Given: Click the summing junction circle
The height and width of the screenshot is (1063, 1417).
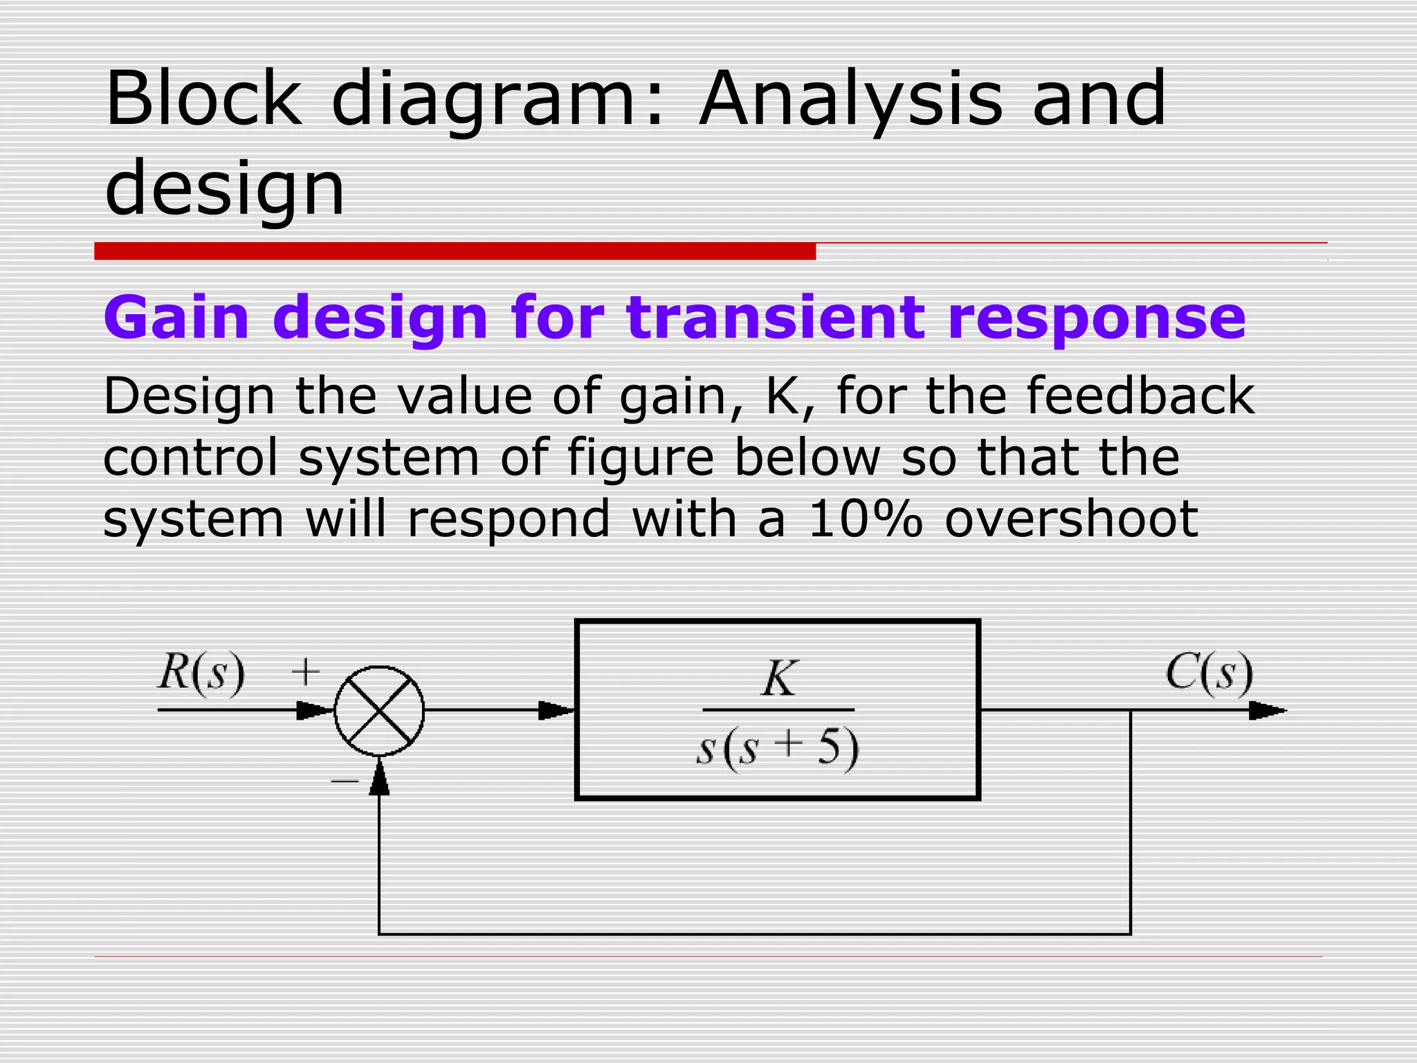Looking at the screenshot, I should click(x=379, y=711).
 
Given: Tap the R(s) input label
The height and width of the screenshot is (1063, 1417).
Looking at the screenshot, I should click(x=201, y=673).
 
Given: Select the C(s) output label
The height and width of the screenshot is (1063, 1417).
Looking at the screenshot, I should click(x=1209, y=673).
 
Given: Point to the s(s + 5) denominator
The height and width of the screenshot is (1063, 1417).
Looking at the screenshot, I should click(x=778, y=749).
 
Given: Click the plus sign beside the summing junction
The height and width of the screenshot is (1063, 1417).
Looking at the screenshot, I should click(x=305, y=671).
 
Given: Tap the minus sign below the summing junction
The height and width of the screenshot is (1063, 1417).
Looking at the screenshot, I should click(x=345, y=781).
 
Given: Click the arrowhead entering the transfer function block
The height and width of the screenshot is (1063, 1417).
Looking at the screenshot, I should click(x=556, y=711).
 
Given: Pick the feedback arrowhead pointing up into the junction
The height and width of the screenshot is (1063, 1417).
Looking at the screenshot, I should click(x=379, y=778).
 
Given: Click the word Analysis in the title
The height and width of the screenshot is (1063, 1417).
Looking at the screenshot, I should click(x=850, y=100).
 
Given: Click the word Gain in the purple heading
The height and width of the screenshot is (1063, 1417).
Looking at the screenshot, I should click(x=176, y=318).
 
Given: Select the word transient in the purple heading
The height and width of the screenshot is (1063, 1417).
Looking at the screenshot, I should click(x=775, y=318).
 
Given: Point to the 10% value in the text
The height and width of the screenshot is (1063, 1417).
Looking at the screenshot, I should click(x=865, y=519).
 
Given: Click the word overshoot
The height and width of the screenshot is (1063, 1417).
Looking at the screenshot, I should click(x=1071, y=519).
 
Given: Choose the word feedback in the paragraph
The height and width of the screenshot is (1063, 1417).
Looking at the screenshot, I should click(x=1140, y=397).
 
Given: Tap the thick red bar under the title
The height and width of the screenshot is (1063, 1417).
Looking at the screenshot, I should click(x=455, y=251).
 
